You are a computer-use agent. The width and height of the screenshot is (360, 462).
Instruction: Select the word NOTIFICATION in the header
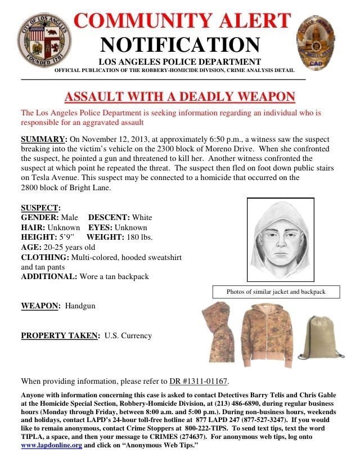tap(180, 44)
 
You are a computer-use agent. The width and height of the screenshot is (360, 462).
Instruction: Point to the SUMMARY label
tap(43, 139)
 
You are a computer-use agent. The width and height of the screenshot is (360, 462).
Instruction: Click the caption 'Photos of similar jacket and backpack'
tap(276, 292)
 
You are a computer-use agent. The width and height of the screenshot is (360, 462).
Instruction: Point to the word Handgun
tap(81, 306)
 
